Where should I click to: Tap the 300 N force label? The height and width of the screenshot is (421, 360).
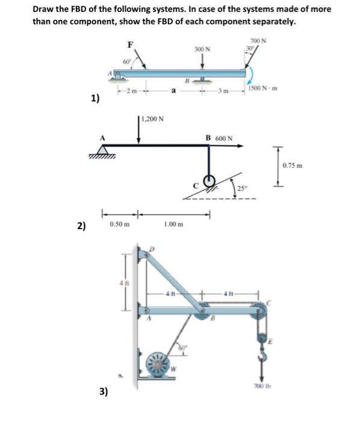[202, 49]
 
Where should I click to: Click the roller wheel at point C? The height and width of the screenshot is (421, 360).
[210, 182]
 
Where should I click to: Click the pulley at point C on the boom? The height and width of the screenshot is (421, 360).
[259, 310]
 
